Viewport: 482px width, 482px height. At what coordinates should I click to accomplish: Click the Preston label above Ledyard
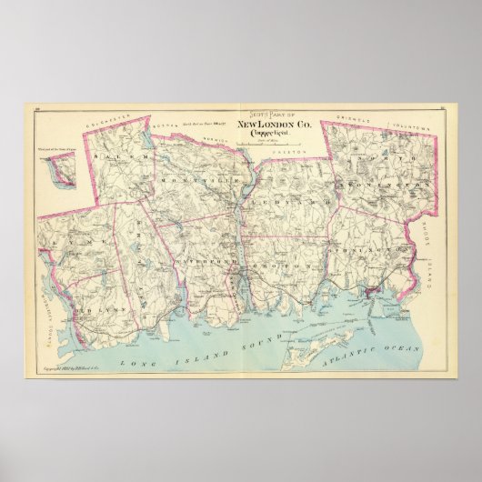click(276, 141)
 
